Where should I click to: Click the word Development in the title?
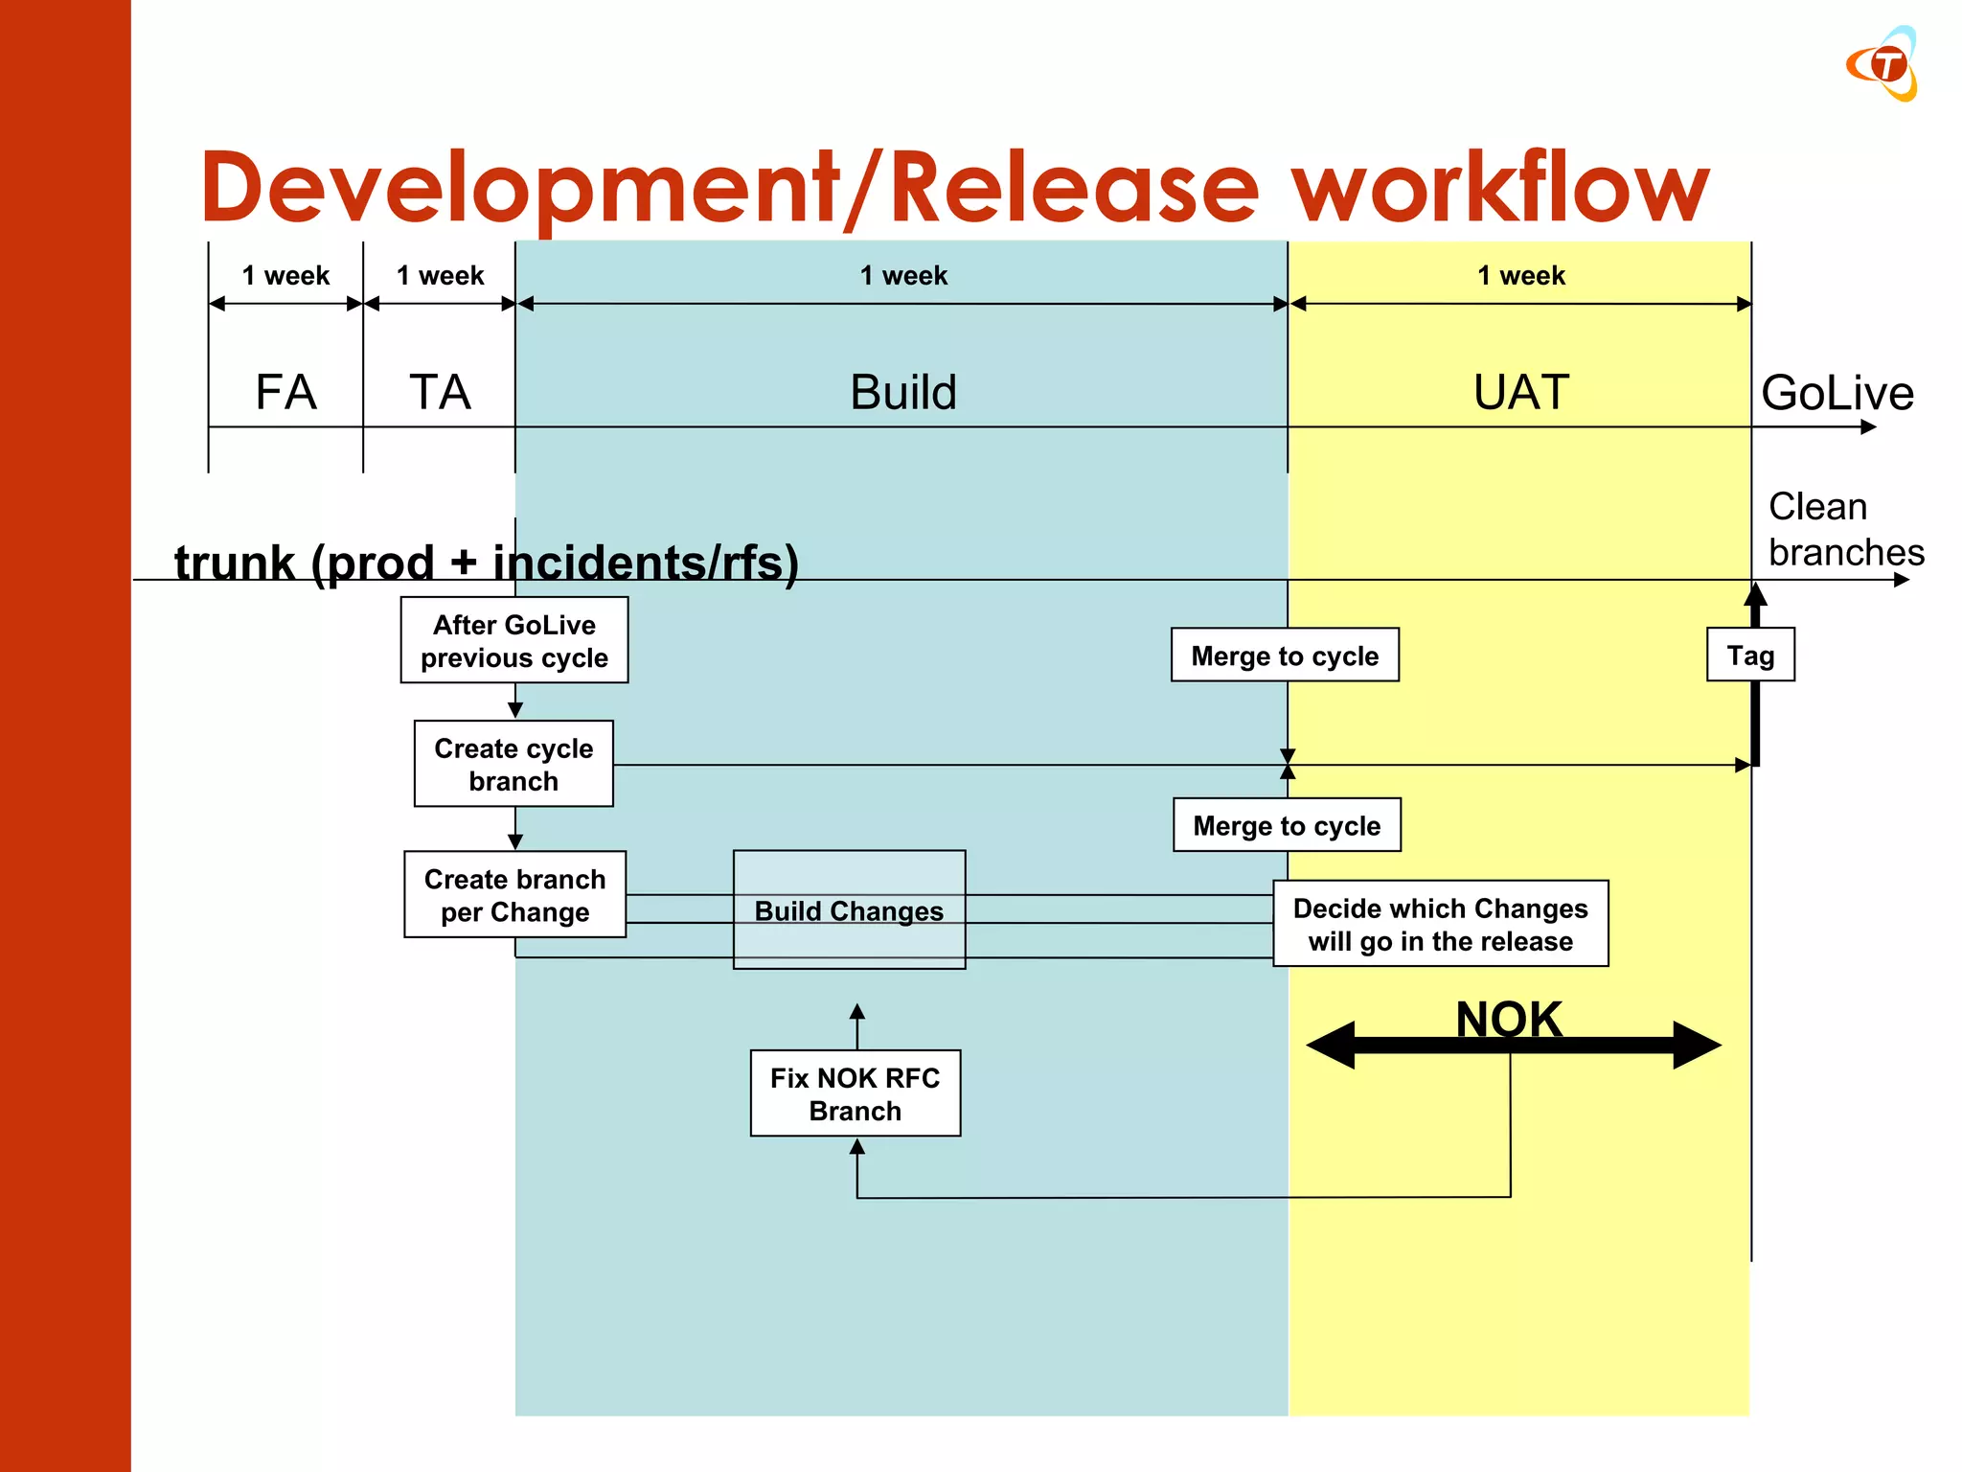(517, 187)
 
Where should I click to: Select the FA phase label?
(285, 392)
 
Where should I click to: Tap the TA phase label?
(440, 392)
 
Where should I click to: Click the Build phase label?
(902, 392)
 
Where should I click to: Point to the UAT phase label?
(1520, 392)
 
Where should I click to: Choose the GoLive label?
(1837, 393)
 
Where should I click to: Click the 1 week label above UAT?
(1520, 276)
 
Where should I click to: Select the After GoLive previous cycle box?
(514, 640)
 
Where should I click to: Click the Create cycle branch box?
(513, 764)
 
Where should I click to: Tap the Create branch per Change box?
(514, 894)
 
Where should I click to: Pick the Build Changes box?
(849, 909)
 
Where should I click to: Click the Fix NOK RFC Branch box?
(855, 1093)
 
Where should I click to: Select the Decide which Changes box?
(1440, 924)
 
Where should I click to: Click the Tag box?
(1750, 655)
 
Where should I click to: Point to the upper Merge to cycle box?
(1285, 655)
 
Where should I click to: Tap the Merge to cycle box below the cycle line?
(1287, 825)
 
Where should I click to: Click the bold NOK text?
(1509, 1017)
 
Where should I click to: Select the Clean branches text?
(1844, 529)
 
